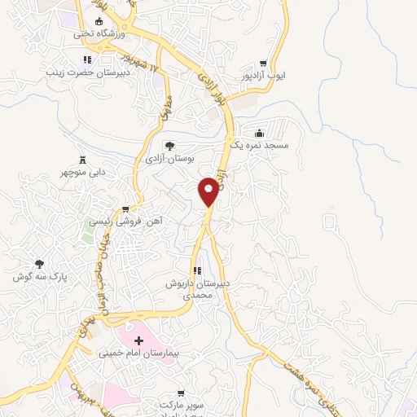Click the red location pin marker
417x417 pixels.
pos(209,191)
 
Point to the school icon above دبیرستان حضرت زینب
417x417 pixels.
pos(87,59)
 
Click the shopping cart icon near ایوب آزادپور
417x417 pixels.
pos(262,63)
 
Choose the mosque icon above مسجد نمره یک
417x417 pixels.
pos(259,133)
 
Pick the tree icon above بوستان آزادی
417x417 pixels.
pos(169,146)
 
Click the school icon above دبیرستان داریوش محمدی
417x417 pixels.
pos(196,270)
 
